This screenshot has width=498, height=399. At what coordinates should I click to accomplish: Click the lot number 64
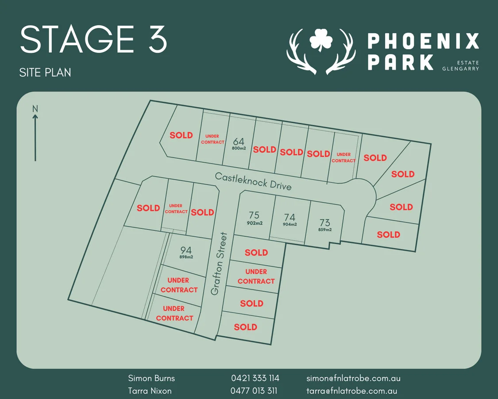[x=239, y=141]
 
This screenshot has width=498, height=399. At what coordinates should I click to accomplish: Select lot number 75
[x=254, y=215]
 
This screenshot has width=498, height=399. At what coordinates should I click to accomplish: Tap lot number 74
[x=290, y=217]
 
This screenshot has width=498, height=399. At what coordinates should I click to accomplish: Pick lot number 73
[x=324, y=223]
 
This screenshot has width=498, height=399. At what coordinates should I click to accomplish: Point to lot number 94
[x=186, y=250]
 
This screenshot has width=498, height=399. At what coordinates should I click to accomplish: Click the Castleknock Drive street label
[x=253, y=181]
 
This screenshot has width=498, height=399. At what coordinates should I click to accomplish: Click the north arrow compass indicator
[x=35, y=133]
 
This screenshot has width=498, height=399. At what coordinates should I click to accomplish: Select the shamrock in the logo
[x=320, y=41]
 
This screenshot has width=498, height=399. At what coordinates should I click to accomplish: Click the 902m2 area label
[x=255, y=223]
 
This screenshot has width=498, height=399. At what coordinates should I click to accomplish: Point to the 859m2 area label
[x=324, y=230]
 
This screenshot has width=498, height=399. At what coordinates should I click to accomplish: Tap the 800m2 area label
[x=239, y=149]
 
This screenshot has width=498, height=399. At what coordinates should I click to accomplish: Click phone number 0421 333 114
[x=255, y=378]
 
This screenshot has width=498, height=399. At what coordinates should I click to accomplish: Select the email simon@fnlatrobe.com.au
[x=353, y=378]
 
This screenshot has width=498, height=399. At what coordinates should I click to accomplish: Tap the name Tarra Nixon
[x=150, y=391]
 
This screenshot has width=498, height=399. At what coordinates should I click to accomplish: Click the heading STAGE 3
[x=93, y=40]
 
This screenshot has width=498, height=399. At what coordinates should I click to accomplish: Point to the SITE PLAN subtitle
[x=45, y=72]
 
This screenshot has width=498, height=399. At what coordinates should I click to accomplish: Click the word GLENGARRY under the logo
[x=460, y=69]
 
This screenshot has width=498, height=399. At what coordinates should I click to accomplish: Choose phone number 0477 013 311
[x=254, y=391]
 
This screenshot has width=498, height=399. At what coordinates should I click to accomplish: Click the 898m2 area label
[x=186, y=257]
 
